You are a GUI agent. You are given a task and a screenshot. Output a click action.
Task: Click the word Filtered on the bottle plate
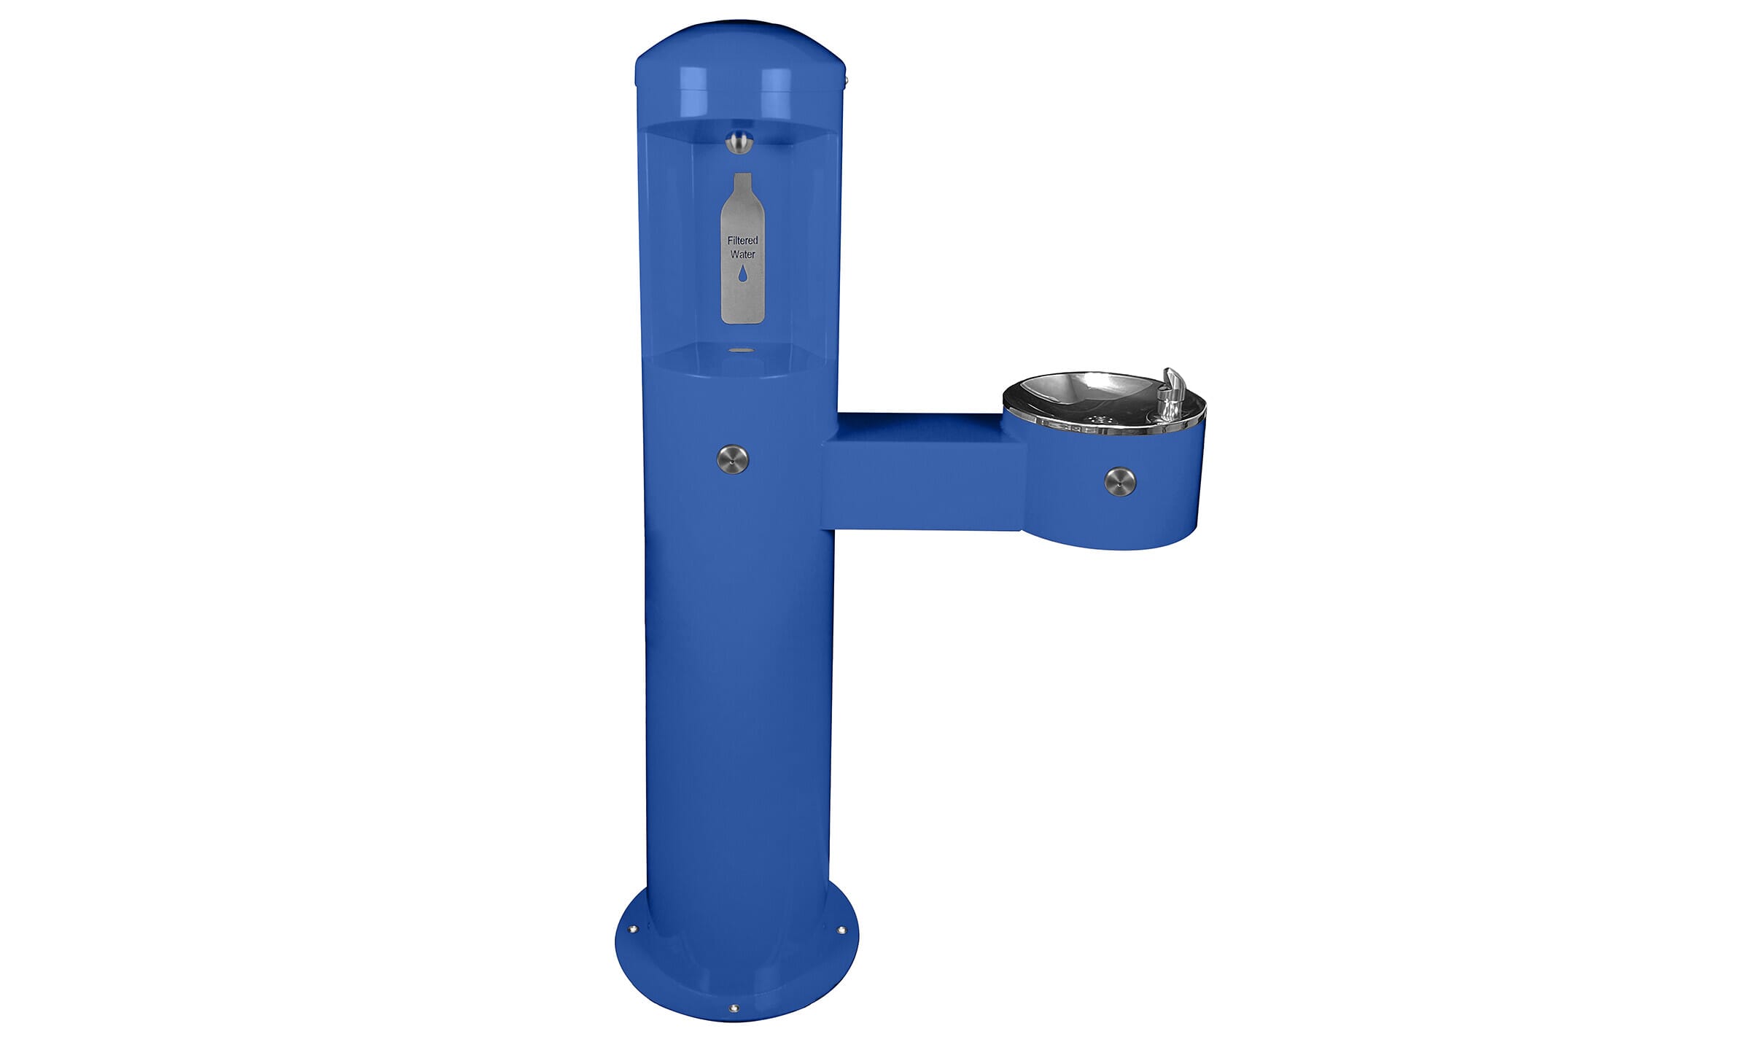coord(742,241)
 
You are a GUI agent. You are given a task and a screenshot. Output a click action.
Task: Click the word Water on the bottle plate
coord(742,254)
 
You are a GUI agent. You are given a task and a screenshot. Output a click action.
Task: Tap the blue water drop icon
coord(742,273)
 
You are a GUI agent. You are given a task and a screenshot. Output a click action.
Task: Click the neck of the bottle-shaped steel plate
coord(742,186)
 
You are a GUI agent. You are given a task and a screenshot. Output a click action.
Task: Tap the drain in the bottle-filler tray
coord(742,351)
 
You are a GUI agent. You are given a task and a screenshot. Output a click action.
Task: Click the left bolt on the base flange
coord(632,929)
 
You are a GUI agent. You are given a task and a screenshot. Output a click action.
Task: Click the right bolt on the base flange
coord(842,930)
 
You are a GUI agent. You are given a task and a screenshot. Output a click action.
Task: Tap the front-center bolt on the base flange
coord(734,1008)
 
